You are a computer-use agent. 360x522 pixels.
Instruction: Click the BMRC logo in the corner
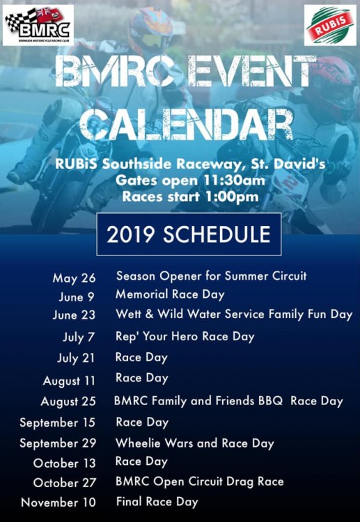click(38, 25)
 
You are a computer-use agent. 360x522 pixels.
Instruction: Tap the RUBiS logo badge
click(330, 25)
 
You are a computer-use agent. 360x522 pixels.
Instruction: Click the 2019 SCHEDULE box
click(189, 235)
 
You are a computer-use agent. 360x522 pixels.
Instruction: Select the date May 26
click(74, 278)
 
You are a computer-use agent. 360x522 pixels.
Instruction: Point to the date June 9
click(77, 296)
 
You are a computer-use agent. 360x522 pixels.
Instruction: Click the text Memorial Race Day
click(170, 294)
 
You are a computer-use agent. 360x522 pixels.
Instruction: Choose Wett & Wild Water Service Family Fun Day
click(234, 315)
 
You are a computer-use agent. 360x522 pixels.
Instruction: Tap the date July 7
click(79, 338)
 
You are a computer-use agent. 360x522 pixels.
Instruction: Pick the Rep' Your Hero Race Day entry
click(185, 337)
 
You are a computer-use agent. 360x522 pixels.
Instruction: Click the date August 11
click(69, 381)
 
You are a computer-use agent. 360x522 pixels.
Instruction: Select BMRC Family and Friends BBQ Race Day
click(228, 401)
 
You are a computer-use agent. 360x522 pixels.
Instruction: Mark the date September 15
click(57, 422)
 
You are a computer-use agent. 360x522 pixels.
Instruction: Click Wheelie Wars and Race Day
click(194, 443)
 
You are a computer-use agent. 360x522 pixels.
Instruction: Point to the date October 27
click(65, 483)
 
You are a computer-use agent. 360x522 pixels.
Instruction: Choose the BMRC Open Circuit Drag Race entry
click(199, 482)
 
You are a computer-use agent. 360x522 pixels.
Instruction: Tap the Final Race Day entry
click(157, 502)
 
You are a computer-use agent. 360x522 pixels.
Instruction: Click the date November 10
click(58, 503)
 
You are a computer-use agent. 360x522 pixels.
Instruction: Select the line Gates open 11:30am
click(191, 180)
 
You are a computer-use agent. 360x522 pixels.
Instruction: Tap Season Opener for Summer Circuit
click(211, 276)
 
